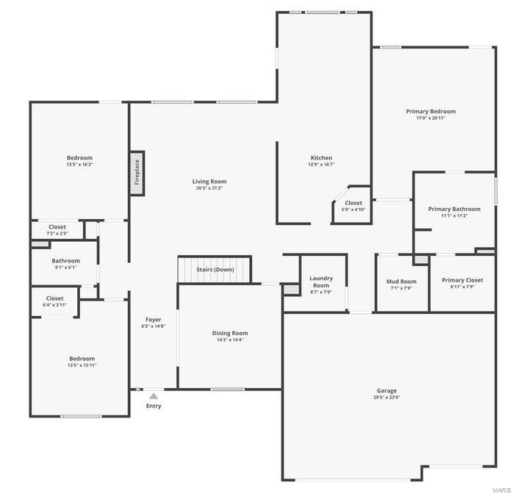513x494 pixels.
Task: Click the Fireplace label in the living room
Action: tap(137, 173)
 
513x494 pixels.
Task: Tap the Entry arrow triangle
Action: tap(154, 396)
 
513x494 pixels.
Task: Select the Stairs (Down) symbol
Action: tap(215, 269)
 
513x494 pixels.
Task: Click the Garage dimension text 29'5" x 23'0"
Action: tap(387, 398)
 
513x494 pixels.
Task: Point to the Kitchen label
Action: tap(321, 158)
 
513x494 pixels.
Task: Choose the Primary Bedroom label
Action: tap(431, 112)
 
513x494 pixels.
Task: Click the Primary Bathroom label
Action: tap(454, 209)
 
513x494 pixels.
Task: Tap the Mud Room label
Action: tap(401, 282)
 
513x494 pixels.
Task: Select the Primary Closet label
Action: tap(462, 280)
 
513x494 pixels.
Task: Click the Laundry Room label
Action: tap(321, 282)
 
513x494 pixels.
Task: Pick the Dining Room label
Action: tap(230, 333)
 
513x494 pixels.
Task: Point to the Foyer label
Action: tap(153, 319)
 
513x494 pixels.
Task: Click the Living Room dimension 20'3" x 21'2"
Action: tap(210, 188)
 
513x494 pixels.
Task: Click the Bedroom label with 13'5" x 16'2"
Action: tap(79, 158)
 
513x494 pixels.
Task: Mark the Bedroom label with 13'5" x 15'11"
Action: tap(82, 359)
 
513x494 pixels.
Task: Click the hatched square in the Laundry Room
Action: tap(292, 290)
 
